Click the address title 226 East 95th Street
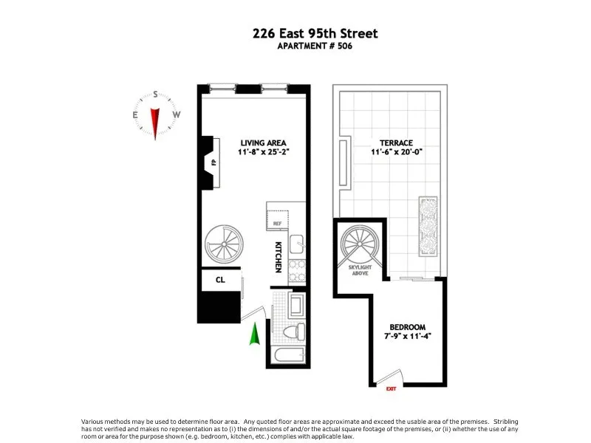pos(315,33)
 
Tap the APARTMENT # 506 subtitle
pos(315,47)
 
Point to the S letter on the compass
pos(156,95)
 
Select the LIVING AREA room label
pos(262,142)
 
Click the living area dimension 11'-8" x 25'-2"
pos(262,153)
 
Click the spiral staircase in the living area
pos(225,244)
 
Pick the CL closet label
pos(220,281)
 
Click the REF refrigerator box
pos(279,220)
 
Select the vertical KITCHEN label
pos(279,255)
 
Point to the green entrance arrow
pos(255,334)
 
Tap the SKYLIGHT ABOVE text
pos(360,269)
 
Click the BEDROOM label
pos(408,327)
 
